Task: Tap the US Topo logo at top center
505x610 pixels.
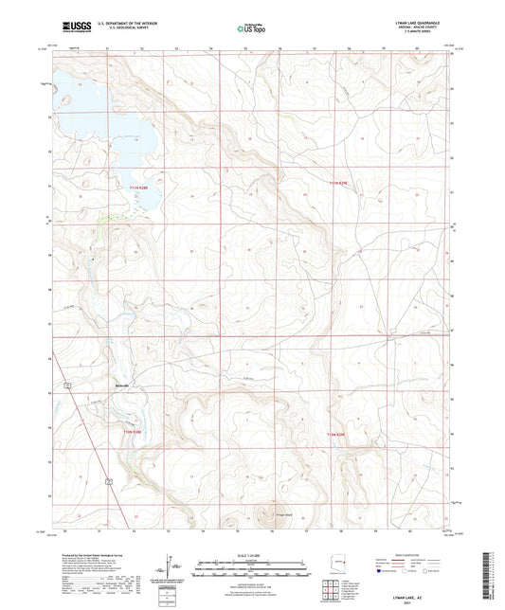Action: (x=251, y=29)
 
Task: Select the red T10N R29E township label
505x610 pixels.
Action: (x=340, y=435)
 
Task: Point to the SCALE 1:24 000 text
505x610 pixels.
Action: (x=252, y=554)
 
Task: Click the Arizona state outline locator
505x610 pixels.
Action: (x=377, y=563)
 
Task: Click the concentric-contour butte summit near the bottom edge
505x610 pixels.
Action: (x=265, y=516)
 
